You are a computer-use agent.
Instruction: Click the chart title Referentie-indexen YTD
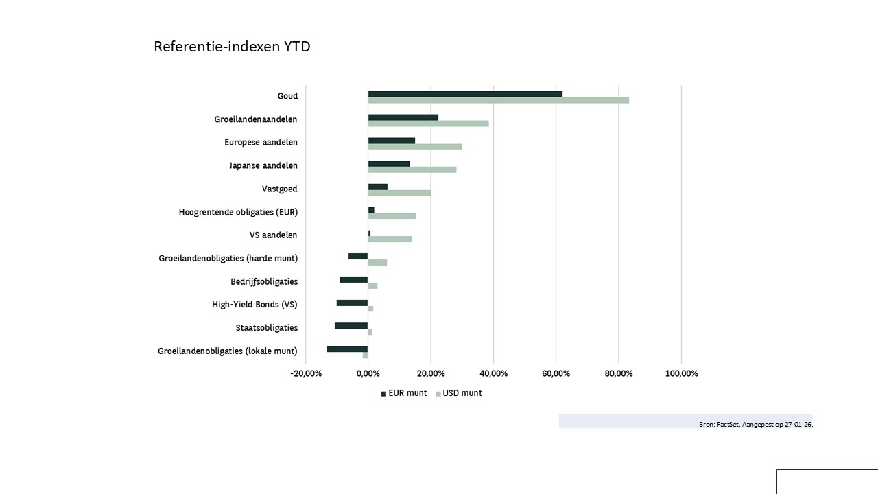pyautogui.click(x=232, y=47)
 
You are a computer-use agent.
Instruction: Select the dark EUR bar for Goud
pyautogui.click(x=465, y=94)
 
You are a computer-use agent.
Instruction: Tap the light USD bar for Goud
pyautogui.click(x=498, y=100)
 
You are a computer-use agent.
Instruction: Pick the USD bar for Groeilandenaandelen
pyautogui.click(x=428, y=123)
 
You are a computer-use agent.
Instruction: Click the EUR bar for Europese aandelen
pyautogui.click(x=391, y=141)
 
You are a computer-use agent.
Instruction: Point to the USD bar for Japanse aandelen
pyautogui.click(x=412, y=169)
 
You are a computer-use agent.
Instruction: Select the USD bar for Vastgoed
pyautogui.click(x=399, y=193)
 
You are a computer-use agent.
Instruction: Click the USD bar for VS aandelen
pyautogui.click(x=390, y=239)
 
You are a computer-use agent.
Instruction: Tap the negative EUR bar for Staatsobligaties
pyautogui.click(x=351, y=325)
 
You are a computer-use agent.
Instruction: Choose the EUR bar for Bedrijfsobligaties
pyautogui.click(x=354, y=279)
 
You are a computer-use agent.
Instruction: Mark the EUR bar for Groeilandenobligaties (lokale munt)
pyautogui.click(x=347, y=349)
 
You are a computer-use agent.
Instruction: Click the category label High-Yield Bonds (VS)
pyautogui.click(x=254, y=305)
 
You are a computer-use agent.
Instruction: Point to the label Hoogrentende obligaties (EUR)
pyautogui.click(x=238, y=212)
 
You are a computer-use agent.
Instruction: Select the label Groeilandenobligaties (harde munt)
pyautogui.click(x=228, y=258)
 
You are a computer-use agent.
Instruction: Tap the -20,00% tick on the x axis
pyautogui.click(x=306, y=373)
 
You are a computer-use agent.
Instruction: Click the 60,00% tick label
pyautogui.click(x=556, y=373)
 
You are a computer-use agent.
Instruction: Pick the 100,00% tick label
pyautogui.click(x=681, y=373)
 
